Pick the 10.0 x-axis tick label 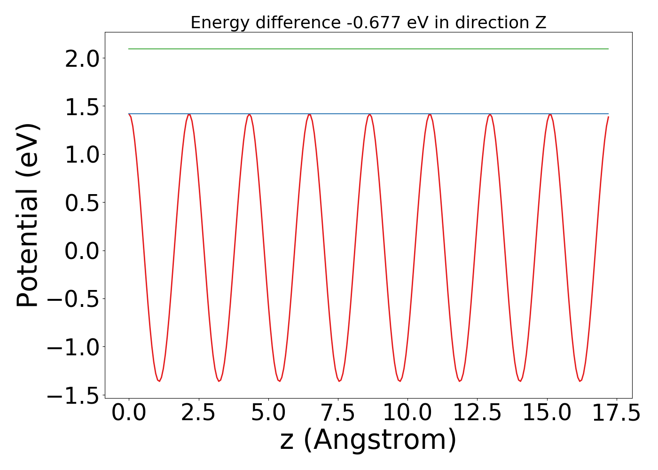pyautogui.click(x=407, y=414)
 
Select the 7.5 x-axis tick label pyautogui.click(x=338, y=414)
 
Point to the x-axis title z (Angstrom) pyautogui.click(x=368, y=440)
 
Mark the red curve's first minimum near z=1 pyautogui.click(x=159, y=381)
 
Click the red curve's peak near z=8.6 pyautogui.click(x=370, y=114)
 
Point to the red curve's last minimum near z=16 pyautogui.click(x=580, y=381)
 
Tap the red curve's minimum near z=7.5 pyautogui.click(x=340, y=381)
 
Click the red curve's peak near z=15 pyautogui.click(x=549, y=114)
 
